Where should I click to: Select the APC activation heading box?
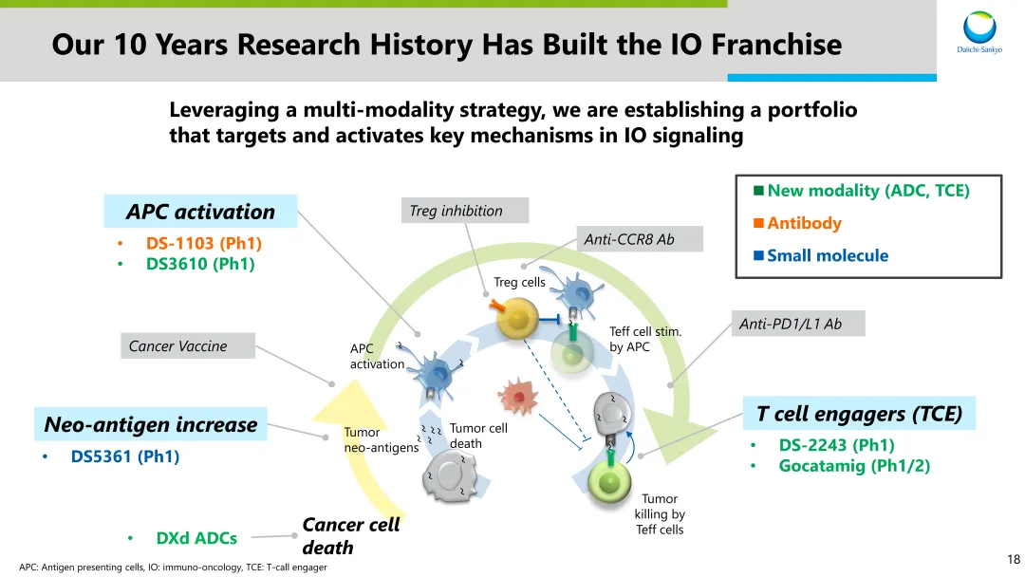point(200,212)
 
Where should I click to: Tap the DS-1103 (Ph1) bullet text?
point(203,244)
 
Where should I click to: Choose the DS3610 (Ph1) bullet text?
point(200,264)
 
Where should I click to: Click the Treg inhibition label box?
point(456,211)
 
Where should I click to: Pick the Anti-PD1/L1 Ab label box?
point(797,324)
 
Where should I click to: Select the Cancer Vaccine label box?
point(188,346)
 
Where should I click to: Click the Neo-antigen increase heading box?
point(151,424)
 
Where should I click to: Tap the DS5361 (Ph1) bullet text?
point(125,456)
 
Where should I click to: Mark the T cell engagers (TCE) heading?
point(859,414)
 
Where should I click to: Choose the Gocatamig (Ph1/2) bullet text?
point(854,466)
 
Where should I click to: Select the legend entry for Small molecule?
point(827,255)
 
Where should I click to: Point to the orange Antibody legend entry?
point(803,223)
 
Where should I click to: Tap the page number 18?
point(1013,560)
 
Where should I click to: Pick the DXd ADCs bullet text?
point(196,538)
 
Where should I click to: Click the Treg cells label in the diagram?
point(519,282)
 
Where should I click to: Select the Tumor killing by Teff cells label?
point(660,513)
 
